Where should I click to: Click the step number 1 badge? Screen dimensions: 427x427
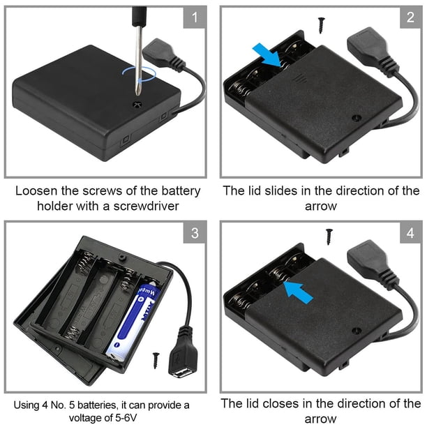(195, 17)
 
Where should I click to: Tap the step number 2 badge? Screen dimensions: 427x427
(410, 17)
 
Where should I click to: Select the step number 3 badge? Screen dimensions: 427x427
(195, 233)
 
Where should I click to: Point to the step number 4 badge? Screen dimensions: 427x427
(410, 233)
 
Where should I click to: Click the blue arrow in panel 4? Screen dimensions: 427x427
(298, 292)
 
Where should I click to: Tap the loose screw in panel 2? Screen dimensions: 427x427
(322, 25)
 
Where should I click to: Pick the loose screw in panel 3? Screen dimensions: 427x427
(156, 361)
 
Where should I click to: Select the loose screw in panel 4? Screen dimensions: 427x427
(329, 237)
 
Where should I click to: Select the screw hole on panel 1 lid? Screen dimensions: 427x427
(137, 104)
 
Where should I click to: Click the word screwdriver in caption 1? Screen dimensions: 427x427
(147, 206)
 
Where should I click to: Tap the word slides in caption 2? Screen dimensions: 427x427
(281, 190)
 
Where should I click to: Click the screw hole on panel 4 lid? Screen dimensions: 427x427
(356, 331)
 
